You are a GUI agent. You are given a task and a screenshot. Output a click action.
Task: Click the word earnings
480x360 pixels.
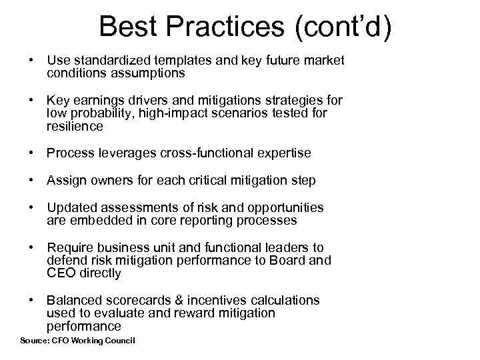tap(94, 101)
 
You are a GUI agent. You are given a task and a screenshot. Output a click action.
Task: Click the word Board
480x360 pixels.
tap(291, 260)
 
